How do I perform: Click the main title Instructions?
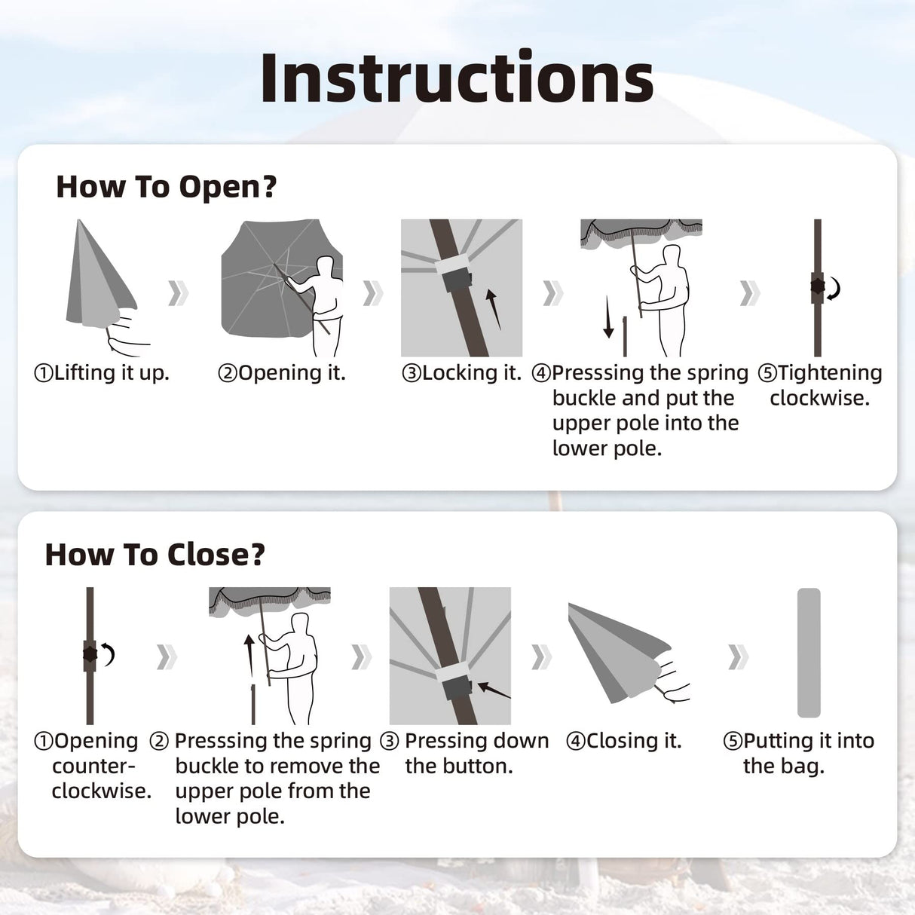pyautogui.click(x=457, y=78)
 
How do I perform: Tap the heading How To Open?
pyautogui.click(x=167, y=187)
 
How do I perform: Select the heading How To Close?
pyautogui.click(x=155, y=555)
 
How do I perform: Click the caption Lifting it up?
pyautogui.click(x=102, y=372)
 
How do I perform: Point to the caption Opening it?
pyautogui.click(x=282, y=372)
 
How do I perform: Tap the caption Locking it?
pyautogui.click(x=461, y=372)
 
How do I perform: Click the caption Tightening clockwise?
pyautogui.click(x=820, y=385)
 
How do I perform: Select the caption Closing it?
pyautogui.click(x=624, y=741)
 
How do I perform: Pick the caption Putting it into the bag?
pyautogui.click(x=799, y=753)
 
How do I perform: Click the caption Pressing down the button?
pyautogui.click(x=466, y=753)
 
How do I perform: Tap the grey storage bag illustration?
pyautogui.click(x=809, y=653)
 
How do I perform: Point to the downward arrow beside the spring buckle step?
pyautogui.click(x=608, y=317)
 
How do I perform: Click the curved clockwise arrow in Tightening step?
pyautogui.click(x=834, y=289)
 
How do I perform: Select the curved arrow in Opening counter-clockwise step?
pyautogui.click(x=109, y=654)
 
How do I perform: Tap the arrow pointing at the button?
pyautogui.click(x=494, y=690)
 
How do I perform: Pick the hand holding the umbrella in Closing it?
pyautogui.click(x=673, y=676)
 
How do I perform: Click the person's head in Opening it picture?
pyautogui.click(x=326, y=266)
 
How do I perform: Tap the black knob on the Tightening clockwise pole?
pyautogui.click(x=818, y=288)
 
